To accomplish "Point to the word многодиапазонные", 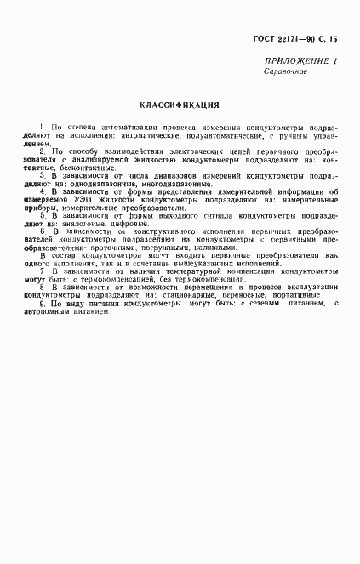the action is (x=180, y=183).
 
